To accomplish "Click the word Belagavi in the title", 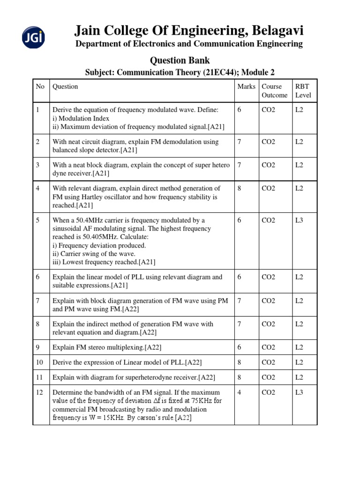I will tap(277, 31).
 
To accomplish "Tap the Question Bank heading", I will tap(180, 60).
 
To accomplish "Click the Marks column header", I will tap(247, 87).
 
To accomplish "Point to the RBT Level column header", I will tap(303, 91).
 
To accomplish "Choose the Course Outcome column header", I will tap(275, 91).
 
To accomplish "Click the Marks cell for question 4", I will tap(240, 188).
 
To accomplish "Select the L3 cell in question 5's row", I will tap(299, 220).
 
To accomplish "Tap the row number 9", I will tap(38, 347).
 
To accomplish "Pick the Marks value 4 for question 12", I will tap(240, 392).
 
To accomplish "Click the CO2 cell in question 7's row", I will tap(269, 300).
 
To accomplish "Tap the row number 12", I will tap(39, 392).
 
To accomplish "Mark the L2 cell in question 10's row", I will tap(299, 362).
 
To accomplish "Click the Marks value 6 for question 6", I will tap(240, 277).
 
